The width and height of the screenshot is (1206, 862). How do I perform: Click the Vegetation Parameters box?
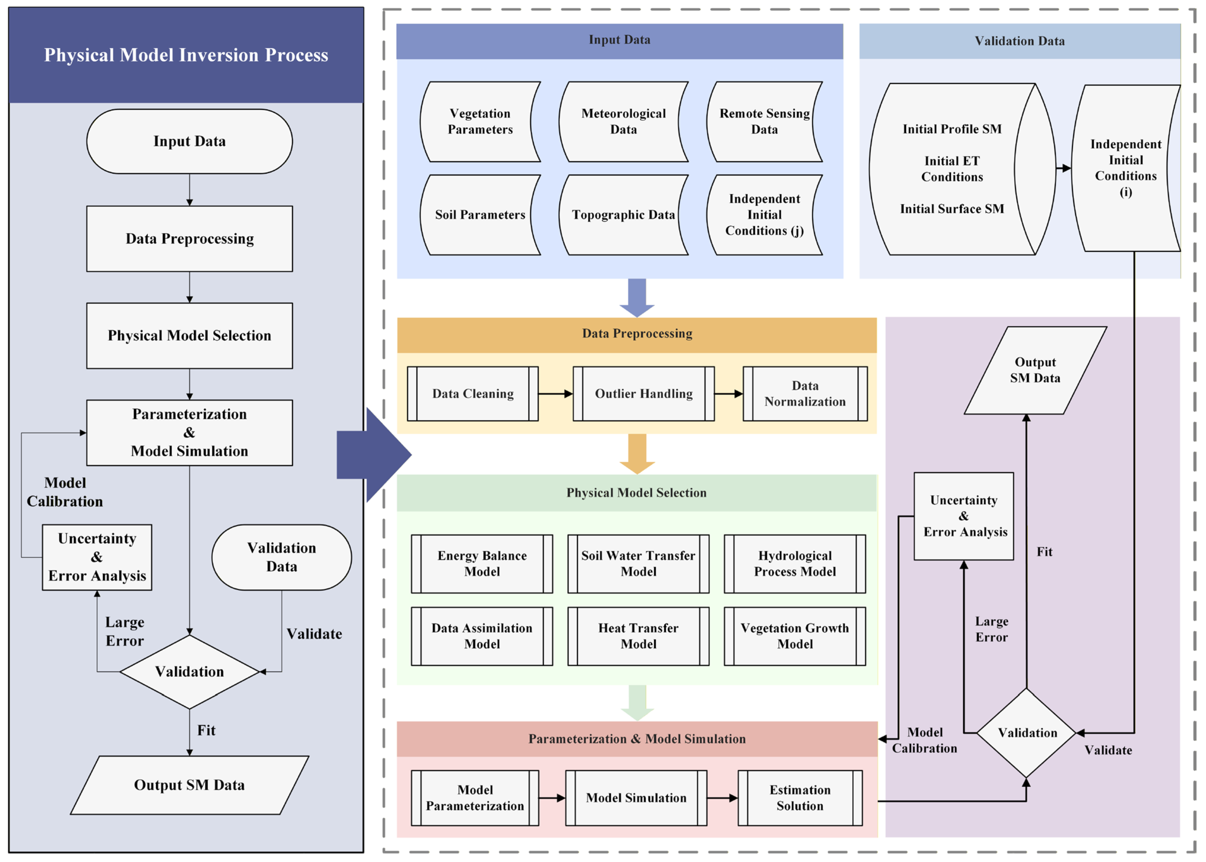pyautogui.click(x=480, y=122)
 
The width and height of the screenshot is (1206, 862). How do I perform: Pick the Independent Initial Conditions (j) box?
pyautogui.click(x=764, y=215)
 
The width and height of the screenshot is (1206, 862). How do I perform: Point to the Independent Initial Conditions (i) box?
pyautogui.click(x=1125, y=168)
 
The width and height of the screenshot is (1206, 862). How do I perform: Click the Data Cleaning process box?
pyautogui.click(x=472, y=394)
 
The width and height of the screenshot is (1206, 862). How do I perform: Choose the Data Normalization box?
pyautogui.click(x=805, y=394)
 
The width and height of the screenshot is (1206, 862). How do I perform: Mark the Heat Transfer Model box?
pyautogui.click(x=638, y=636)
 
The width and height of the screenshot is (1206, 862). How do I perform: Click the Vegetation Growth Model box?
pyautogui.click(x=795, y=636)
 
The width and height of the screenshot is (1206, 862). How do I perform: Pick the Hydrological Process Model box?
pyautogui.click(x=795, y=564)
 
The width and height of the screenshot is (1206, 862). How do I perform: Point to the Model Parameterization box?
pyautogui.click(x=475, y=798)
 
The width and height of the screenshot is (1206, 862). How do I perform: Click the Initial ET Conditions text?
pyautogui.click(x=952, y=169)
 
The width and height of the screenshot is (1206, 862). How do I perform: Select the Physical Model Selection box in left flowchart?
pyautogui.click(x=190, y=336)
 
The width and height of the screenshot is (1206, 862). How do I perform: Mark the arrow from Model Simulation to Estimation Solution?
pyautogui.click(x=722, y=798)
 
